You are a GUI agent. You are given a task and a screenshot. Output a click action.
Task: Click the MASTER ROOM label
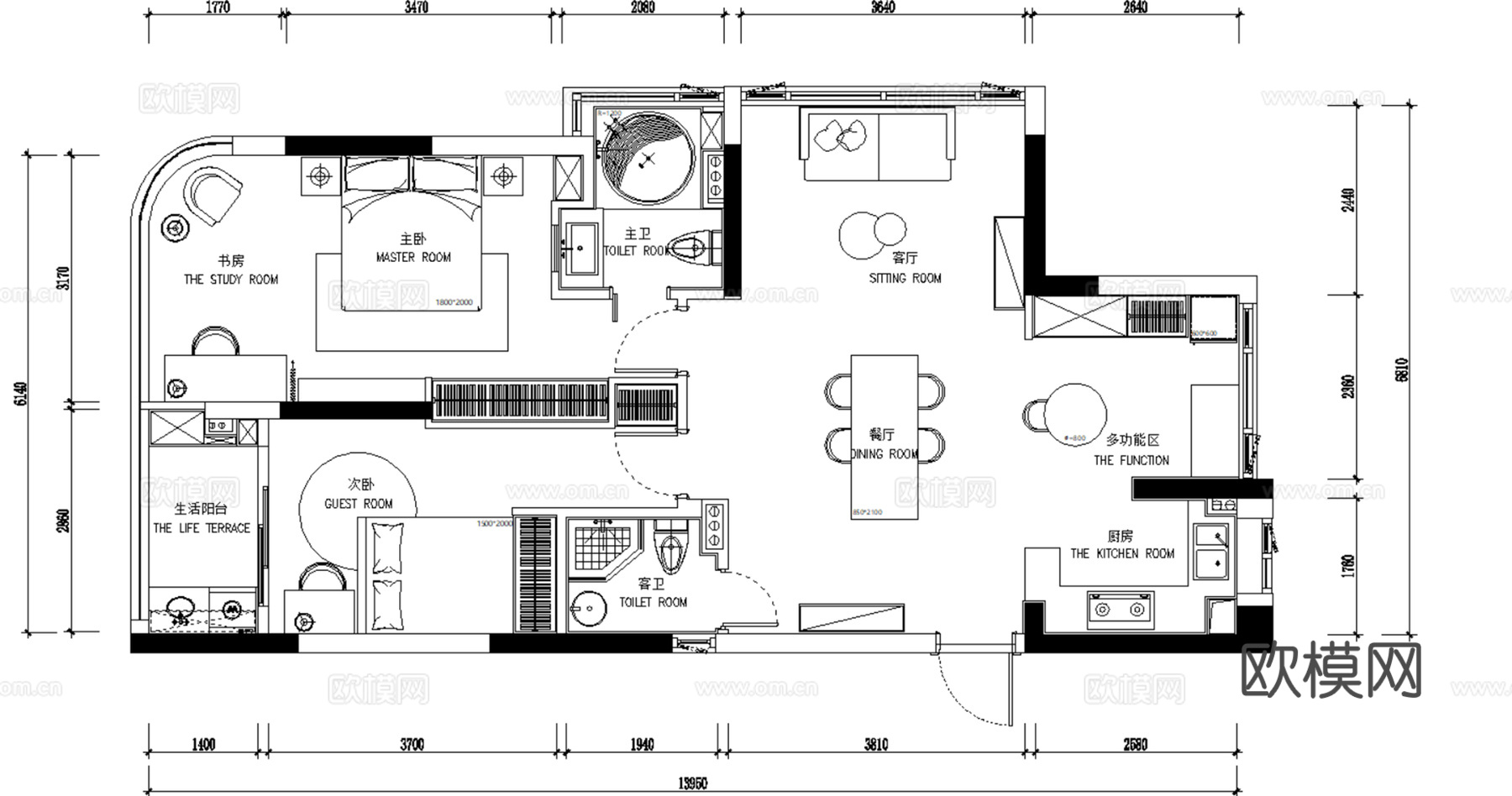coord(413,257)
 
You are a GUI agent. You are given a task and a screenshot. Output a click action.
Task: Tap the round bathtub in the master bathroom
coord(645,157)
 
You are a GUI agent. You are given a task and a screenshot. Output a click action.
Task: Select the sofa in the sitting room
coord(879,144)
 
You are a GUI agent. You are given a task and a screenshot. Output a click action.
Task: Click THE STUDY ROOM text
coord(231,279)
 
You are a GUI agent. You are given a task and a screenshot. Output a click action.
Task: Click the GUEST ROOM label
coord(359,504)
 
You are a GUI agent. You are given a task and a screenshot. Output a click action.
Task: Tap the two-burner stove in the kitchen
coord(1120,610)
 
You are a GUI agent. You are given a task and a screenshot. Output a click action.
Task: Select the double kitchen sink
coord(1211,551)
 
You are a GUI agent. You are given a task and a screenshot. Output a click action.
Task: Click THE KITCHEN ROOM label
coord(1121,553)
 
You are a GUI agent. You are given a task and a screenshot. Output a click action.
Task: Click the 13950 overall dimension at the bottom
coord(692,783)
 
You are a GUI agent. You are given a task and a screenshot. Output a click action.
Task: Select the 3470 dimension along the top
coord(416,8)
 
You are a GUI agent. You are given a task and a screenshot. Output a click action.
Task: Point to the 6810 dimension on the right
coord(1401,369)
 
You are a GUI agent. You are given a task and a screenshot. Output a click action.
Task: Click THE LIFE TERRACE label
coord(202,528)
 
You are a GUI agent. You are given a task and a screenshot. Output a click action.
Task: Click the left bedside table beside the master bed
coord(319,176)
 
